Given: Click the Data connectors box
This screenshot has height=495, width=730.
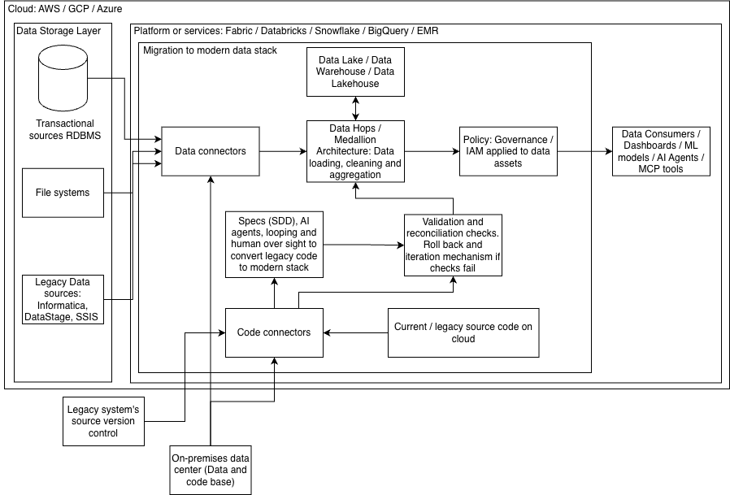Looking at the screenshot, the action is [211, 151].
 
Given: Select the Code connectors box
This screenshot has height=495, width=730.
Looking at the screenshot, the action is [274, 332].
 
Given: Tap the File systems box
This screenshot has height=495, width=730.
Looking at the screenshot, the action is [63, 193].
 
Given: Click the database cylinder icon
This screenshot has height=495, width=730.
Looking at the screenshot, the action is [63, 78].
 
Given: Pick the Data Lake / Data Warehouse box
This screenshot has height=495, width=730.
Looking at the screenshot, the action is [355, 72].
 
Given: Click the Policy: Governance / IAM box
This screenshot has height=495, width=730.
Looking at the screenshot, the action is [508, 151].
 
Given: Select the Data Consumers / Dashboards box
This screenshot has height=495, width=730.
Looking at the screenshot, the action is [661, 151].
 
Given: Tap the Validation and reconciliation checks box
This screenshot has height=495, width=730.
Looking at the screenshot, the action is [453, 245].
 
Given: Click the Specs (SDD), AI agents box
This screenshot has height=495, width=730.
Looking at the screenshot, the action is [274, 245].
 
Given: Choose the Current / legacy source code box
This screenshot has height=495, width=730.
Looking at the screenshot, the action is [463, 332].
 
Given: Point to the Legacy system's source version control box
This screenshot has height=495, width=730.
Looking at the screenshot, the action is [104, 421].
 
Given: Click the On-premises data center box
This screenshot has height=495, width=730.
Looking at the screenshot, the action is [211, 470].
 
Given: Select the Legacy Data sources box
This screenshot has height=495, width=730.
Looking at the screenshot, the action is [63, 299].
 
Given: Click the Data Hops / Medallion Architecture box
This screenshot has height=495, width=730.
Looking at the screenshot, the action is [355, 151].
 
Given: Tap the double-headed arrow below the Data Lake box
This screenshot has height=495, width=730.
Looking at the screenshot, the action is [356, 108].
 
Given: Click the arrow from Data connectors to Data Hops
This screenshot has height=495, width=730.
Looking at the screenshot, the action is [283, 151].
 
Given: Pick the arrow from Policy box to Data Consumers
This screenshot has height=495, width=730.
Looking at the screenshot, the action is [584, 151].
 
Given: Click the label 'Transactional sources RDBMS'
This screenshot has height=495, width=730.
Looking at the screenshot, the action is [65, 129].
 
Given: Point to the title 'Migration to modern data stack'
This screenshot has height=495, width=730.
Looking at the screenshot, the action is [210, 50].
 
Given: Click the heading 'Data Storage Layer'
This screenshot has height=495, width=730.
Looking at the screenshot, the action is [59, 31].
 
